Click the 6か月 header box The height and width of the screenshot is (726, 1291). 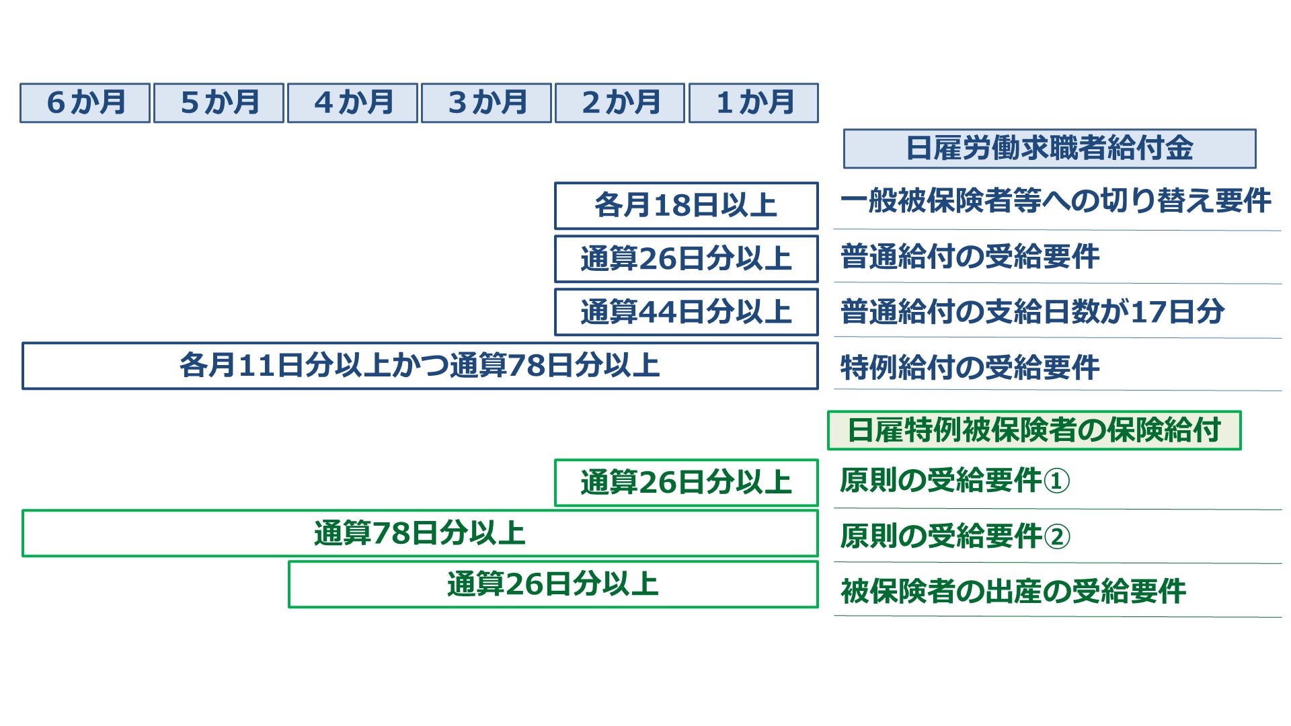(x=85, y=103)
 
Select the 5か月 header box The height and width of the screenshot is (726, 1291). (x=219, y=103)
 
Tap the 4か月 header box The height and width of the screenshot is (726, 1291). (x=352, y=103)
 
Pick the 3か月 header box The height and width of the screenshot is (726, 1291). (x=486, y=103)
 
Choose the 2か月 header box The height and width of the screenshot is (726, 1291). (x=620, y=103)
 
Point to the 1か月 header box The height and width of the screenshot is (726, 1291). (x=754, y=103)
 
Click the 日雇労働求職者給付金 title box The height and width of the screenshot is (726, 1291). (x=1050, y=149)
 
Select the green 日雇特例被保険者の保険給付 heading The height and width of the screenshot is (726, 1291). (x=1034, y=430)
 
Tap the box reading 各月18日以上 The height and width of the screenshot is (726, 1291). (x=687, y=206)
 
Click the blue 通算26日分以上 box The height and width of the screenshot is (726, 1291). (x=687, y=259)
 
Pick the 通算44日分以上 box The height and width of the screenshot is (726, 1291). (x=687, y=312)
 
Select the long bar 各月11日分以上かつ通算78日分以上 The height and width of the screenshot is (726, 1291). (x=420, y=366)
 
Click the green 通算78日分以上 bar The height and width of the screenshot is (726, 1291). (x=420, y=533)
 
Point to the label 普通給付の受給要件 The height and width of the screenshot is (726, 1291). (x=970, y=256)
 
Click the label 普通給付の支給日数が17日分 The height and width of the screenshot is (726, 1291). (x=1032, y=311)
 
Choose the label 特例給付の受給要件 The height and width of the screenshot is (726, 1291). (x=970, y=367)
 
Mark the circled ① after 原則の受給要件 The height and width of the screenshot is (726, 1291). (x=1057, y=481)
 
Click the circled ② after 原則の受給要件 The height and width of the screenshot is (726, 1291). (x=1057, y=537)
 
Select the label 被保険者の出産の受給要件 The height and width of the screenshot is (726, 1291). (x=1013, y=592)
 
